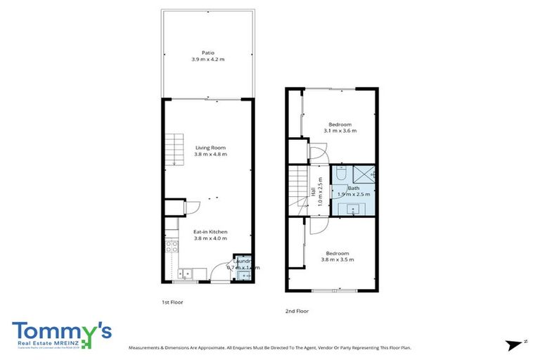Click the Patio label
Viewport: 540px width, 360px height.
207,52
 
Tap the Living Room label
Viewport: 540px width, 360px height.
210,147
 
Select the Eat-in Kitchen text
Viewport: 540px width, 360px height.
210,231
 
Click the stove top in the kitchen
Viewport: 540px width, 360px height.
170,247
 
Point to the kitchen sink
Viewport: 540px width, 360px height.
184,274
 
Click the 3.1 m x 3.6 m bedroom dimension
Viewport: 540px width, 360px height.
340,131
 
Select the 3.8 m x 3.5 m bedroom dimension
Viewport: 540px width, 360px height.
337,259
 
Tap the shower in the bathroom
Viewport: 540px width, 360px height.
363,174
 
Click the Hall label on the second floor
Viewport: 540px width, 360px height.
312,191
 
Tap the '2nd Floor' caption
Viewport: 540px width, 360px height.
297,311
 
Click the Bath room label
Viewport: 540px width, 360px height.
344,188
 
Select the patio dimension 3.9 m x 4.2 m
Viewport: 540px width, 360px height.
207,60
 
